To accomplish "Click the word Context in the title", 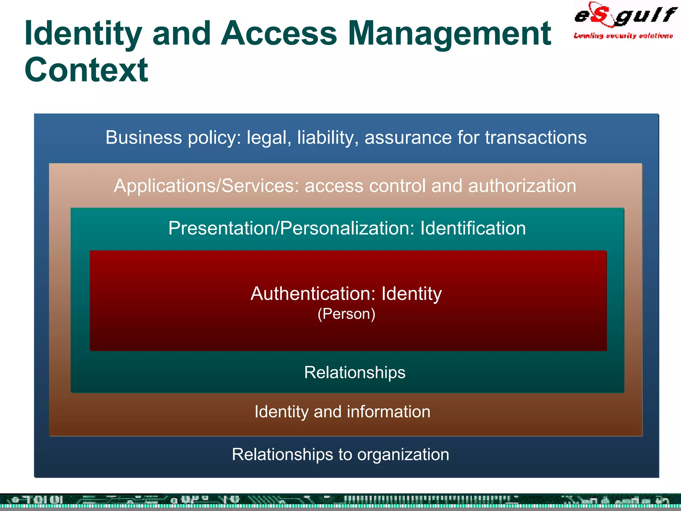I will click(x=86, y=70).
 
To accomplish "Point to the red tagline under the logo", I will click(x=623, y=36).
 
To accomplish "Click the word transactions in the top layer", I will click(x=536, y=137).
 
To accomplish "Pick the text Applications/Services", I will click(x=206, y=186).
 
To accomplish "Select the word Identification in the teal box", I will click(x=473, y=228).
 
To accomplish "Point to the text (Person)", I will click(x=346, y=314).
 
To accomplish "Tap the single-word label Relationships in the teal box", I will click(x=355, y=372).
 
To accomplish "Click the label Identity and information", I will click(x=342, y=412).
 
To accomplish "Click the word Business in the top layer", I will click(x=144, y=137).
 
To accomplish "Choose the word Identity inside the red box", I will click(x=411, y=294).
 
